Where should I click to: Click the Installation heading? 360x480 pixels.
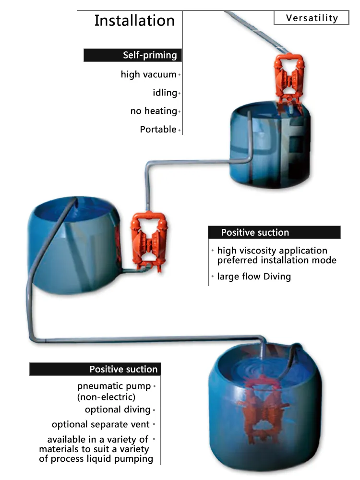point(134,21)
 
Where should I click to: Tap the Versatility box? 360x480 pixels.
point(312,18)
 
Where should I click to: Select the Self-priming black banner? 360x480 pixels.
point(132,55)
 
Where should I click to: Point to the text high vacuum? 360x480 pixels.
point(148,74)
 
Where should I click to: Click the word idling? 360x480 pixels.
point(165,93)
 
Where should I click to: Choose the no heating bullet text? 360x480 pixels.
point(154,111)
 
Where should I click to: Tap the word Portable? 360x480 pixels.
point(158,129)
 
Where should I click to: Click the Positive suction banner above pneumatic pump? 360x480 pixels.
point(95,369)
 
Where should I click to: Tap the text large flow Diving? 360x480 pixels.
point(254,276)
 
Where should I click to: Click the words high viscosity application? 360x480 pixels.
point(272,251)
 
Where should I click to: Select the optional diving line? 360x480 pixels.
point(118,409)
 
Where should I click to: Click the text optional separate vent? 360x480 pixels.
point(101,424)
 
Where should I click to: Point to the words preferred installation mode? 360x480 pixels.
point(276,260)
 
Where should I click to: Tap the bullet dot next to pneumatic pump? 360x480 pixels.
point(155,386)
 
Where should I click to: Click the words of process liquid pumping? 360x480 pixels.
point(96,459)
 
